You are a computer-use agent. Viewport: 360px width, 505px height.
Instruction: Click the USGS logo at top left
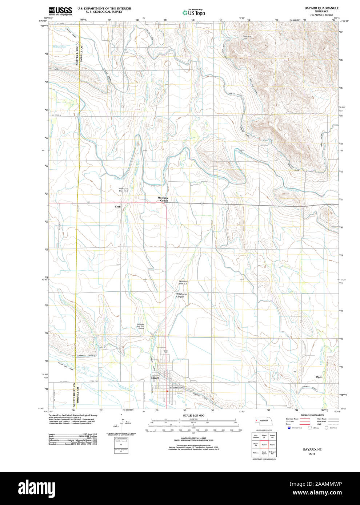click(60, 11)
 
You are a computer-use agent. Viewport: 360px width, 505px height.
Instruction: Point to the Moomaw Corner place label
click(163, 199)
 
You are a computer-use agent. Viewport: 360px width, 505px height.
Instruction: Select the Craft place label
click(117, 206)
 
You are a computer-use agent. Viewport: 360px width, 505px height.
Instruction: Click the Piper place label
click(319, 377)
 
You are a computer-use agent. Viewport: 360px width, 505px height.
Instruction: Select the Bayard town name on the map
click(155, 378)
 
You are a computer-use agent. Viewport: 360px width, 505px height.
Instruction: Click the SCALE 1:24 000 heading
click(193, 415)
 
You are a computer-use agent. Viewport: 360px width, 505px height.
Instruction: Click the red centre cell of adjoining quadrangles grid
click(264, 445)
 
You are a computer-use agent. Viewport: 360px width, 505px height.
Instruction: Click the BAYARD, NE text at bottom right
click(312, 449)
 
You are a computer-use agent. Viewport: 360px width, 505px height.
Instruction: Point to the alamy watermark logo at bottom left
click(37, 488)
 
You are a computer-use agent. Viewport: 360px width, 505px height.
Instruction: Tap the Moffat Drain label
click(60, 47)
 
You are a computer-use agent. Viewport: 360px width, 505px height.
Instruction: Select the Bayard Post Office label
click(178, 388)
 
